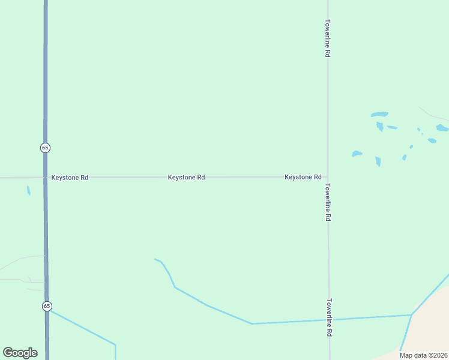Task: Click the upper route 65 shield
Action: (45, 148)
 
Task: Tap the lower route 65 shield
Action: (47, 306)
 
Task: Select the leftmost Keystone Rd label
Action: (70, 178)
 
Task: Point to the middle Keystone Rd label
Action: (186, 178)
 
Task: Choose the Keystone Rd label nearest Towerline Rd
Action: (303, 177)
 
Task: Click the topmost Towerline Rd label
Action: (328, 38)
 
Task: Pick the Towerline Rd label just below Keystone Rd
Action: (328, 203)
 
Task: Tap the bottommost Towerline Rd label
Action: (329, 317)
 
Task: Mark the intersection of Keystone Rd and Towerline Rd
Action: (328, 177)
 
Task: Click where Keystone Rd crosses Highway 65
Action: (46, 178)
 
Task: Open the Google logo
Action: (20, 353)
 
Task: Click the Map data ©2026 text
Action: (423, 355)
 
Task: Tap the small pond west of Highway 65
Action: (28, 190)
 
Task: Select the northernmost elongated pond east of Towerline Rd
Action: (379, 114)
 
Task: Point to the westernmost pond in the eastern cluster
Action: (357, 154)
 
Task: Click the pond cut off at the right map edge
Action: (442, 128)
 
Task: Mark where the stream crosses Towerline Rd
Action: (329, 320)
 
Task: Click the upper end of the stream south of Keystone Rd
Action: (155, 259)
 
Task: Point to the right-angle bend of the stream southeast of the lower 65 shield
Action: (115, 344)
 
